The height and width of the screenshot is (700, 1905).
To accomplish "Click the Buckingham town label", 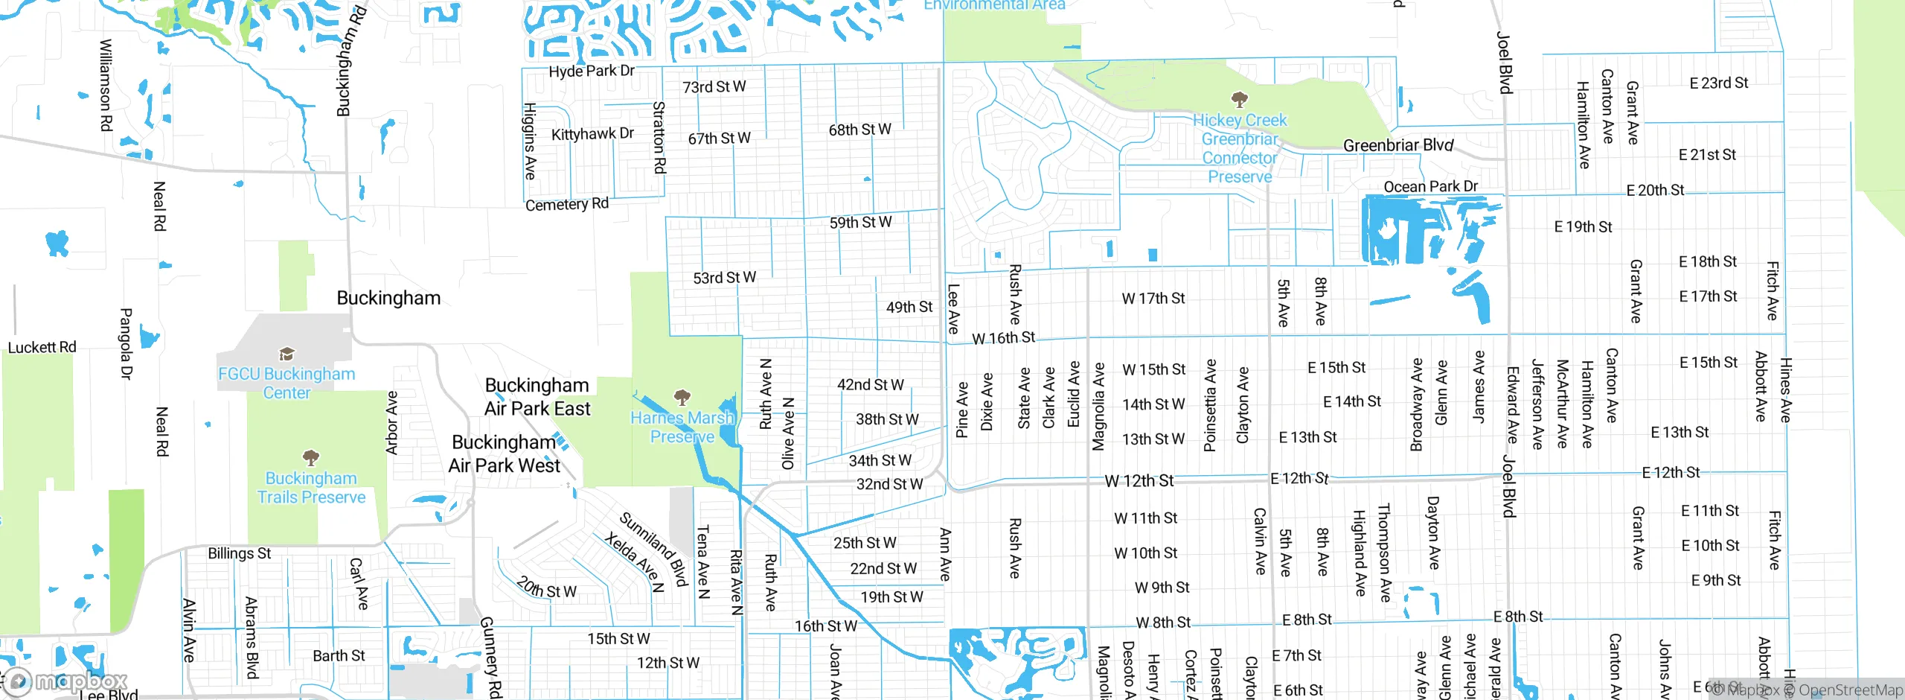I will click(388, 298).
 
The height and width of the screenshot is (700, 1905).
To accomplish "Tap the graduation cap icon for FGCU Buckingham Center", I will click(286, 354).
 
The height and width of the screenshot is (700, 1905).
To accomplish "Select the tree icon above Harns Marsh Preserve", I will click(682, 397).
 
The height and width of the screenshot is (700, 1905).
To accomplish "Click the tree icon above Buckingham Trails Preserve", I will click(311, 457).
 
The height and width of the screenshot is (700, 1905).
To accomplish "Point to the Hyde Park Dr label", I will click(592, 71).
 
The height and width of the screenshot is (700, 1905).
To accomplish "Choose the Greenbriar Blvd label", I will click(1397, 145).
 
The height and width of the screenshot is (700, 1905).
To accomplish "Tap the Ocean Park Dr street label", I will click(1430, 186).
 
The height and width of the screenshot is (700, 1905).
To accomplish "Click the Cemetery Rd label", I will click(567, 204).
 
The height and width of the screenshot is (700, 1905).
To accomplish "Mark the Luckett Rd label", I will click(42, 347).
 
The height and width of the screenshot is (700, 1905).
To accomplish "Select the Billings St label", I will click(239, 553).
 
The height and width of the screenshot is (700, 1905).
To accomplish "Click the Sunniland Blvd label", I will click(653, 549).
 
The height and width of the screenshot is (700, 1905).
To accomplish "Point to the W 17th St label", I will click(1153, 299).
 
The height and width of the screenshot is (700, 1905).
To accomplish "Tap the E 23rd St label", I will click(1718, 83).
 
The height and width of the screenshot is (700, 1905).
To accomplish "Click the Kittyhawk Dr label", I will click(592, 134).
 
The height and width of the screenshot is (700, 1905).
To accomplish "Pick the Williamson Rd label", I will click(106, 85).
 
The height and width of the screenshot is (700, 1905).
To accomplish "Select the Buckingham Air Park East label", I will click(537, 397).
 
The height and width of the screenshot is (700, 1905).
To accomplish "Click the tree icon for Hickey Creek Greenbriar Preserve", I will click(1239, 99).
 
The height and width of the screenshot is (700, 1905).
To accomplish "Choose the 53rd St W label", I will click(724, 278).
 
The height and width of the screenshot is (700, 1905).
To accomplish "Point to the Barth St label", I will click(339, 655).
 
